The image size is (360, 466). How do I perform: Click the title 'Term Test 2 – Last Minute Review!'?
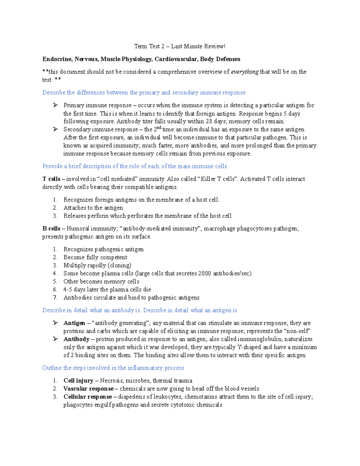179,46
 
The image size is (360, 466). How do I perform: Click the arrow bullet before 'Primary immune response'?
55,105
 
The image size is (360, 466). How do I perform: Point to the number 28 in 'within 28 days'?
209,122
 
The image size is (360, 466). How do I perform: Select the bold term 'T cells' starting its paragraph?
51,179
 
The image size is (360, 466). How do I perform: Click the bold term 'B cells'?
51,229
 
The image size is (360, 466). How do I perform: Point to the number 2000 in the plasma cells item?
205,273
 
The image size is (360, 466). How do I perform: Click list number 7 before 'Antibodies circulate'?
55,298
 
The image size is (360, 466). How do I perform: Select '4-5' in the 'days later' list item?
68,290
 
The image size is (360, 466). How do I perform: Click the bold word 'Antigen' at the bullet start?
74,323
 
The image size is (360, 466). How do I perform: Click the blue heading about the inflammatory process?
113,368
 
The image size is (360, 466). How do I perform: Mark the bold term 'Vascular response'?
88,389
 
